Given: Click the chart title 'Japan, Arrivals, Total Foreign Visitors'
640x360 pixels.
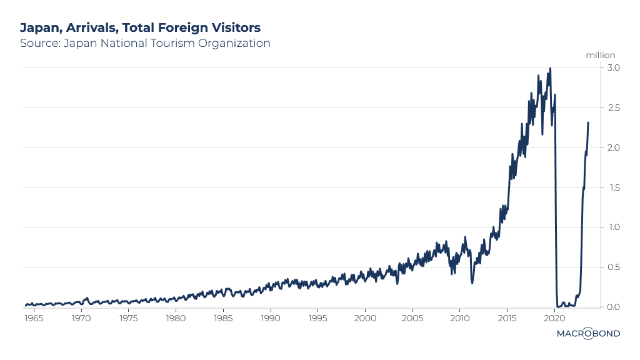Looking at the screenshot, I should pyautogui.click(x=140, y=27).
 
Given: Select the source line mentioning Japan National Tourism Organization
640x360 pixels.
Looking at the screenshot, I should pyautogui.click(x=145, y=43).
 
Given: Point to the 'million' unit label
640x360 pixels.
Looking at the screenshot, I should pyautogui.click(x=601, y=55).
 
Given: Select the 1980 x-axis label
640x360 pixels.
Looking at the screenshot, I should pyautogui.click(x=176, y=318).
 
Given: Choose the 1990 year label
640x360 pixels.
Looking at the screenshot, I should pyautogui.click(x=271, y=318).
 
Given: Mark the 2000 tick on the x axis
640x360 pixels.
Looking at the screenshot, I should pyautogui.click(x=365, y=318).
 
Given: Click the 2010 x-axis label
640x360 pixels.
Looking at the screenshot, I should pyautogui.click(x=459, y=318).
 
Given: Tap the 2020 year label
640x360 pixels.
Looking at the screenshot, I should pyautogui.click(x=554, y=318).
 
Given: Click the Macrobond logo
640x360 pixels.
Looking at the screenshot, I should pyautogui.click(x=588, y=334).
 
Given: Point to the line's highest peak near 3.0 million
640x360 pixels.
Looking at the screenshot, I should pyautogui.click(x=550, y=69).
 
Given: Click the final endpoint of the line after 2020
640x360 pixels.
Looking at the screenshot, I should pyautogui.click(x=588, y=122).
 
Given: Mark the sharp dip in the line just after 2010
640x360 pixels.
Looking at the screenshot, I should pyautogui.click(x=472, y=282).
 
